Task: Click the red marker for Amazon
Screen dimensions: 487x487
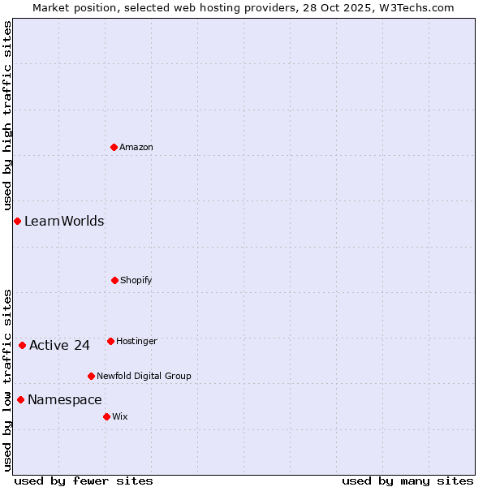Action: tap(114, 147)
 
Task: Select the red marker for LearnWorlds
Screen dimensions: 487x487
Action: tap(17, 221)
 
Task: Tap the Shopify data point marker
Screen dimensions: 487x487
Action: tap(114, 280)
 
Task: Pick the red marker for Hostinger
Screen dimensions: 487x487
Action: tap(110, 341)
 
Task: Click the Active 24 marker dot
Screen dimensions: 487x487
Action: tap(22, 345)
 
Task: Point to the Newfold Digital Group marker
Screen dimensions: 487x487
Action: tap(91, 376)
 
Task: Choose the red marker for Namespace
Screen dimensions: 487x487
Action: tap(20, 399)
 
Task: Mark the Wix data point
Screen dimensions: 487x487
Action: tap(106, 416)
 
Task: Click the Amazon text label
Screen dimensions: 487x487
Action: tap(136, 147)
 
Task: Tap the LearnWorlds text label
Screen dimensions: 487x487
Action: tap(64, 221)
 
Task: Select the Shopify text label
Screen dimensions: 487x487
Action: tap(136, 280)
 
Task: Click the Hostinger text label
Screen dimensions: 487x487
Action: tap(136, 341)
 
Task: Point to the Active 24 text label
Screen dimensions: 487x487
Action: tap(59, 345)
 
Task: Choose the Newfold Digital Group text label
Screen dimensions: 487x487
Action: tap(144, 376)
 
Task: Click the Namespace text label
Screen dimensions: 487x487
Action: tap(65, 399)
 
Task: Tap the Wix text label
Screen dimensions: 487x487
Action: tap(120, 416)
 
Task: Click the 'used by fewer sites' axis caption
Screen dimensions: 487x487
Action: tap(84, 481)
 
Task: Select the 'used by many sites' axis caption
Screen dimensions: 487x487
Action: tap(407, 481)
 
